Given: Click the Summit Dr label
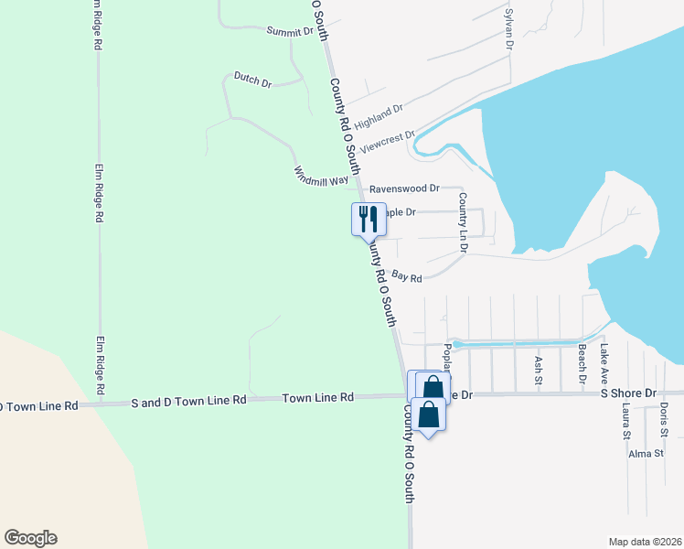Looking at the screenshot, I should tap(290, 31).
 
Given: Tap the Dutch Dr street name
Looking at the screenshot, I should tap(253, 81).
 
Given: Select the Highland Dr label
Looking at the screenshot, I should tap(379, 116).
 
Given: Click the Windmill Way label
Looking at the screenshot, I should tap(321, 177).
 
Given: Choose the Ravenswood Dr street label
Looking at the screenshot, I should tap(404, 190).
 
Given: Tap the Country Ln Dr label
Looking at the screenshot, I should tap(463, 223).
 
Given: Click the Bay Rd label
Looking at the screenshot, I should tap(407, 275).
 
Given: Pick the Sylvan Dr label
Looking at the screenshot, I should tap(509, 29).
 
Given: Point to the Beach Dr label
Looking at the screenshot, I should tap(581, 364).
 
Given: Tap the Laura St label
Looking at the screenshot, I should tap(626, 420).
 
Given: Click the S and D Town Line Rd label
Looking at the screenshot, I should tap(189, 401).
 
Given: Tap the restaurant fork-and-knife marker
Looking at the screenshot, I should tap(368, 218).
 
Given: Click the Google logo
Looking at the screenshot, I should tap(30, 538).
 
